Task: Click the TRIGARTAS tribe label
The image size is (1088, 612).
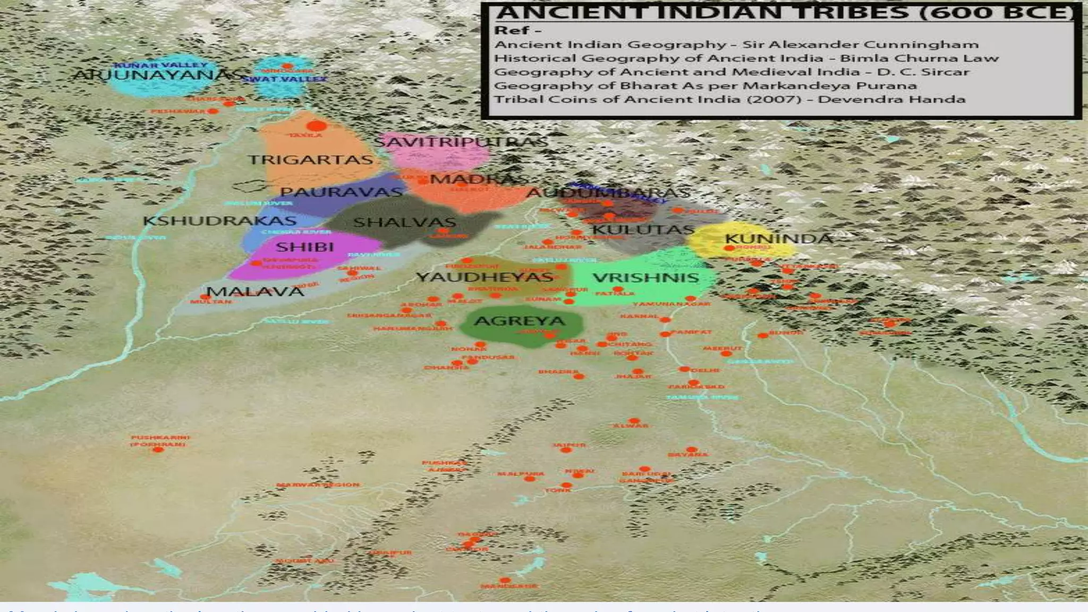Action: point(311,160)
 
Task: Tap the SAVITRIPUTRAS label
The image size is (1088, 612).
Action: point(461,142)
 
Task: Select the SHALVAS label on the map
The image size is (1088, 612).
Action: point(405,222)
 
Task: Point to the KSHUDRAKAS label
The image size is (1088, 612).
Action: point(219,221)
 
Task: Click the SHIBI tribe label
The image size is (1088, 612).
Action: point(304,247)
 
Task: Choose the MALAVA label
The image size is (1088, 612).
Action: point(255,292)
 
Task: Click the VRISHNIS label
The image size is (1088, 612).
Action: point(645,278)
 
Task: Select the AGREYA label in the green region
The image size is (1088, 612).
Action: point(519,321)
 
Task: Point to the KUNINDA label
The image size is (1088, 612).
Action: point(778,239)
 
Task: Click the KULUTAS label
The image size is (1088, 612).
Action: point(643,230)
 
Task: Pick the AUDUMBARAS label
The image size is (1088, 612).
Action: point(608,193)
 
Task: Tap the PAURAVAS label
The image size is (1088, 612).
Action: point(341,192)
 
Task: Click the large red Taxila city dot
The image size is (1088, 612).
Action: point(316,126)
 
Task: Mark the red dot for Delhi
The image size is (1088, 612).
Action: point(684,369)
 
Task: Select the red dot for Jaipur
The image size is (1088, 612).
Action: point(566,450)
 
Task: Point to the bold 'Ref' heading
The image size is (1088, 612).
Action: point(513,30)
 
